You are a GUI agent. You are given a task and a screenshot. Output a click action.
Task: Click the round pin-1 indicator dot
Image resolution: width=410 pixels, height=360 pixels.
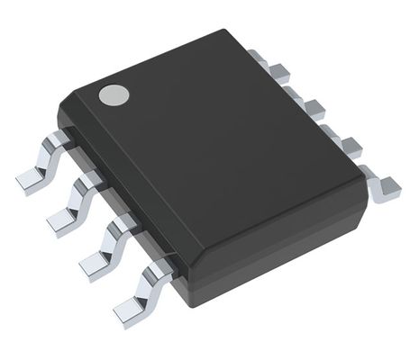point(112,94)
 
